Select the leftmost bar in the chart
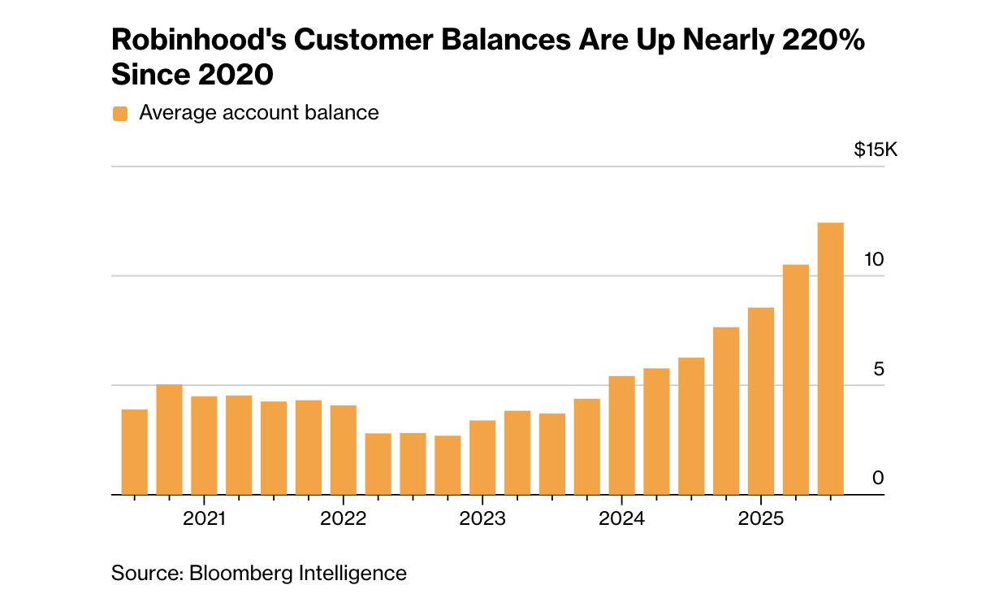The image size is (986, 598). coord(134,452)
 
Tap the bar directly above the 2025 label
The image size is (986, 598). coord(760,401)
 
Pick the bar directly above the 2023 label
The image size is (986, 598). coord(482,457)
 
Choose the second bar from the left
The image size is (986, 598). coord(169,439)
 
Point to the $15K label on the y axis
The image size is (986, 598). coord(876,150)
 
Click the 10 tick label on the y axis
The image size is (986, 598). coord(873,260)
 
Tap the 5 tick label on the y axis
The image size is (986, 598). coord(877,370)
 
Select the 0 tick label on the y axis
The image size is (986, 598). coord(877,479)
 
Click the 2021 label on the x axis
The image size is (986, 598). coord(205,519)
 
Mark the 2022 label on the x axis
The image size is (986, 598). coord(343,519)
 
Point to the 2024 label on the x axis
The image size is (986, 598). coord(621,519)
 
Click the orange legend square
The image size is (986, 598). coord(120,113)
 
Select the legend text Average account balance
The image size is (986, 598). coord(258,112)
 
